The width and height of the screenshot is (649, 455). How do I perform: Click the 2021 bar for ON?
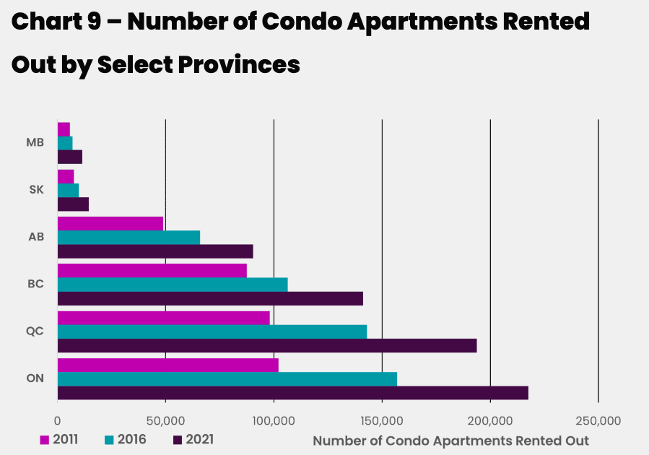292,393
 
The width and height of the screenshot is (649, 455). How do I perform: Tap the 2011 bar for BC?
152,270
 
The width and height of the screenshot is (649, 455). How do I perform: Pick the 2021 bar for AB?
154,251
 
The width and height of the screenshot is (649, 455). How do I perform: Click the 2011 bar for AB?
110,223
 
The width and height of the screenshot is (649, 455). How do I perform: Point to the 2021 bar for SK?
73,204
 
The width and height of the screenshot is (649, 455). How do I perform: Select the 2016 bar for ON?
227,379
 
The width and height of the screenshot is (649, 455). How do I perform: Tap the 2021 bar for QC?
266,346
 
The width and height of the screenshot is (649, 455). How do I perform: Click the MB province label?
35,142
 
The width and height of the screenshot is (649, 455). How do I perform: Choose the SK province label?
36,190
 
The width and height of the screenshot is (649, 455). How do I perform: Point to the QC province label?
35,331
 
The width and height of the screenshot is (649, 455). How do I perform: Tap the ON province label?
35,378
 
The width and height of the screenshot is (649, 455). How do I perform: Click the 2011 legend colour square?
44,440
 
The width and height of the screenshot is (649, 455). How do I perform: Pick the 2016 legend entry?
126,439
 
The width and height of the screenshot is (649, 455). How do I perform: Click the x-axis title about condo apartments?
450,441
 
